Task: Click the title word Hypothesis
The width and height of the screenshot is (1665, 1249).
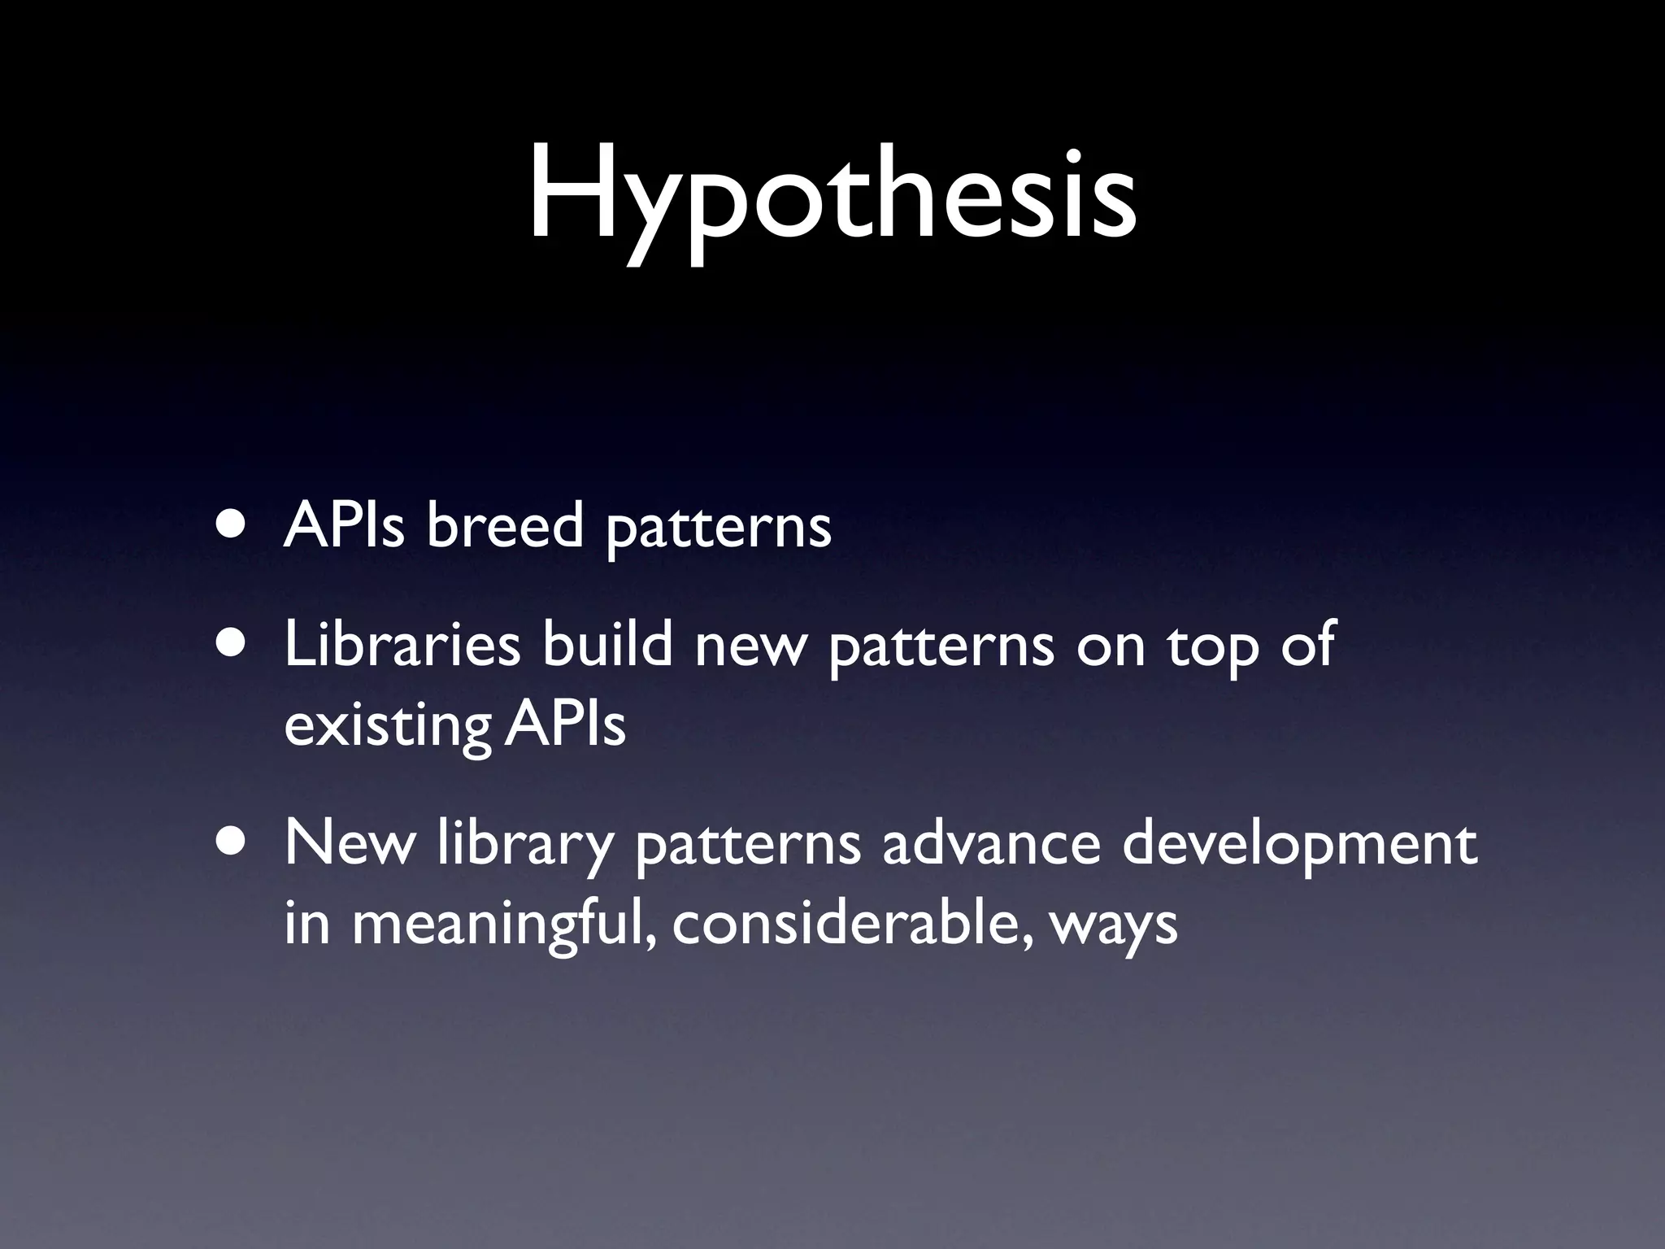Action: [x=832, y=199]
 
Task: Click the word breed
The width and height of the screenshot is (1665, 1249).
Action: [x=505, y=524]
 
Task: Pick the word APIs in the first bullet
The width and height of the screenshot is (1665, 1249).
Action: [x=344, y=524]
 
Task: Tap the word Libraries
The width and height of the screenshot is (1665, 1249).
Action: [x=402, y=645]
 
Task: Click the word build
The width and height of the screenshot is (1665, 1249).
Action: [x=608, y=645]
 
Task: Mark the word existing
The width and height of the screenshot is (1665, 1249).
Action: [x=388, y=726]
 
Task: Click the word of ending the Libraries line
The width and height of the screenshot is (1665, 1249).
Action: [x=1307, y=645]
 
